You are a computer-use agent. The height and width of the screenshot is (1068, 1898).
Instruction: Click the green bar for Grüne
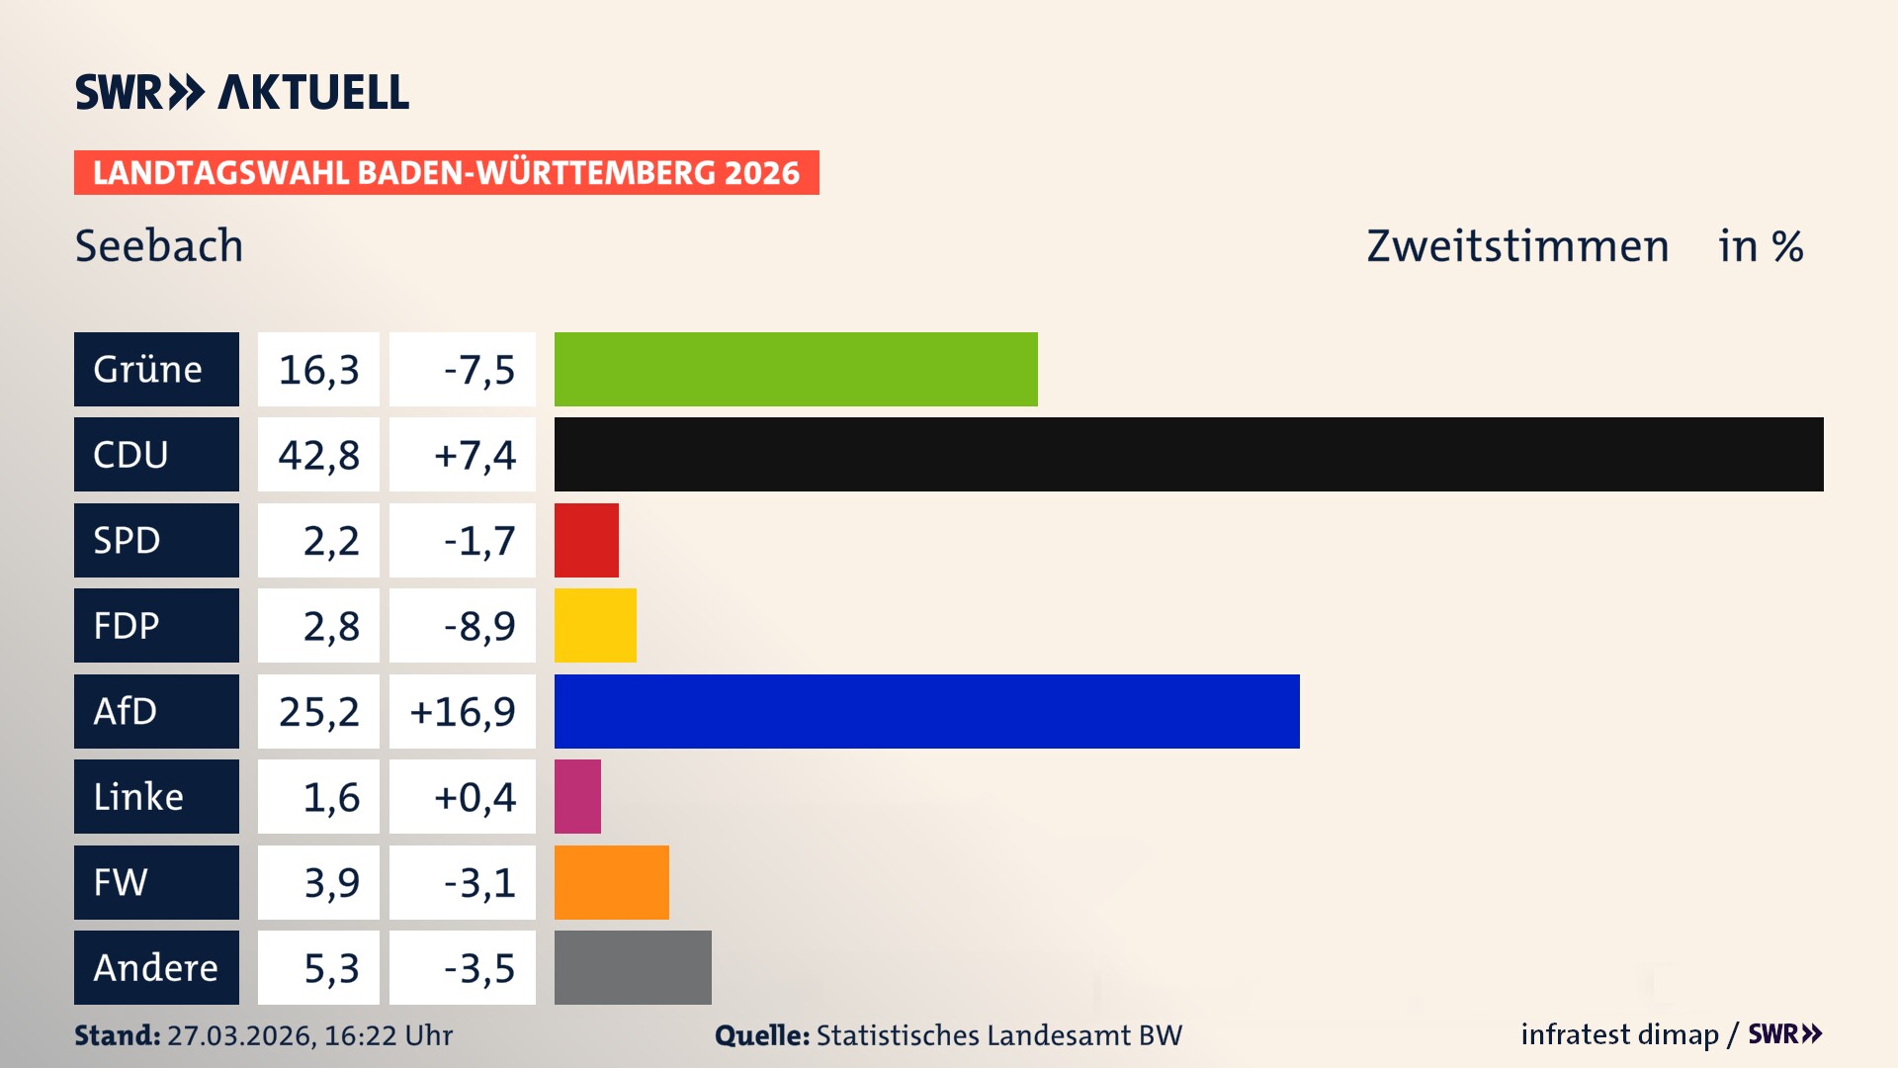coord(796,369)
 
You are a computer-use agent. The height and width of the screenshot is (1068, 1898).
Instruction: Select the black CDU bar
coord(1188,454)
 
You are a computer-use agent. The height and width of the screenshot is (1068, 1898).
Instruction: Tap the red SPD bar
coord(586,540)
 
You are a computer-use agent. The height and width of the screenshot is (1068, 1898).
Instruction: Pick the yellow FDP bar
coord(595,625)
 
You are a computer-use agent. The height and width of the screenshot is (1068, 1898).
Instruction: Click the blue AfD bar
coord(926,711)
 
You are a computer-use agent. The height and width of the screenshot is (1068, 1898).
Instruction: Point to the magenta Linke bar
coord(577,796)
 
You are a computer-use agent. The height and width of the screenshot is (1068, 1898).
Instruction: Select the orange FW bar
coord(611,882)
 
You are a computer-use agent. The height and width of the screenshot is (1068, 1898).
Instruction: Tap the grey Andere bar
coord(633,967)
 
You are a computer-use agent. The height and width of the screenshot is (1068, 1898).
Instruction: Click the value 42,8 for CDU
coord(318,455)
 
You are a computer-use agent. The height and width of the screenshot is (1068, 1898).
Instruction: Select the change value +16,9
coord(463,712)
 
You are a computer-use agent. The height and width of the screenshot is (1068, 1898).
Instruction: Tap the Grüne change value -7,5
coord(478,370)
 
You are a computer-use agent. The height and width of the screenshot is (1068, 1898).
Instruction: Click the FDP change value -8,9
coord(478,626)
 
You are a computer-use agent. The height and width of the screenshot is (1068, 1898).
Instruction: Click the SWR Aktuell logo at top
coord(241,92)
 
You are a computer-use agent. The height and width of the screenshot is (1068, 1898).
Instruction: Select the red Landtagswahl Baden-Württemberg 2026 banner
coord(446,173)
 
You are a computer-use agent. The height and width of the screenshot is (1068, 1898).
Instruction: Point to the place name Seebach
coord(159,246)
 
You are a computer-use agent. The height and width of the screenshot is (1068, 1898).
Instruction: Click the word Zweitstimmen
coord(1517,246)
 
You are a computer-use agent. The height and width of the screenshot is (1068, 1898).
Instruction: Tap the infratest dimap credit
coord(1619,1034)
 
